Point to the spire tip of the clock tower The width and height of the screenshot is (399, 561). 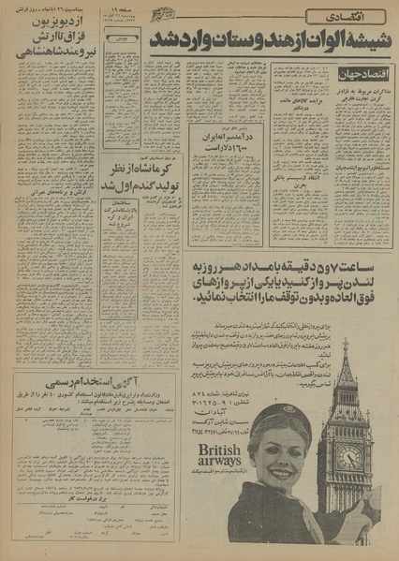(346, 343)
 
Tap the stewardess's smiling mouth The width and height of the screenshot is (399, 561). (277, 490)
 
